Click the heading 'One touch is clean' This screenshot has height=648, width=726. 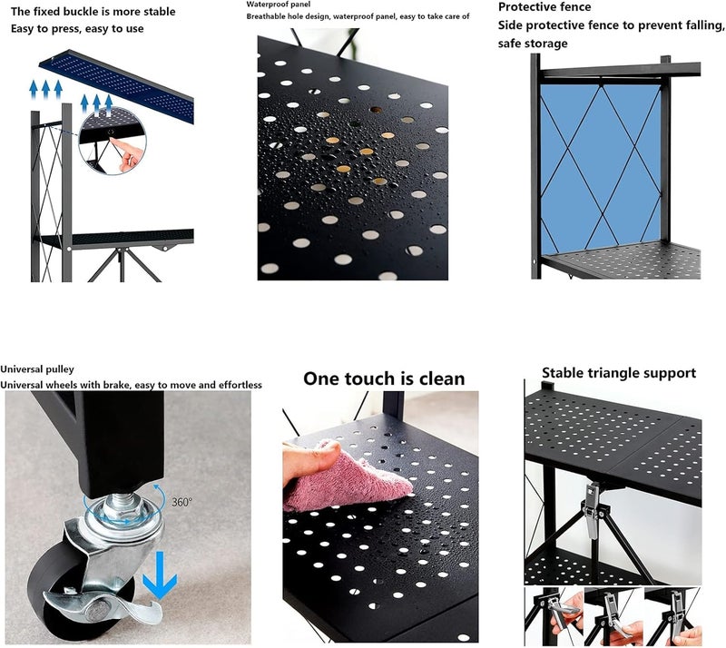coord(384,378)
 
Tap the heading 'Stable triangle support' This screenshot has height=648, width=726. coord(619,373)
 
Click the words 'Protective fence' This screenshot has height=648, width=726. coord(544,7)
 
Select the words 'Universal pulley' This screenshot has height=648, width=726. coord(37,369)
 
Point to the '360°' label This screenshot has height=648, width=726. coord(182,502)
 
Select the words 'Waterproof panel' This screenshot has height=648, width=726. coord(279,5)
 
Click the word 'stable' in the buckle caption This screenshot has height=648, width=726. coord(156,11)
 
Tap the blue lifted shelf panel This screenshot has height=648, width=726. coord(116,85)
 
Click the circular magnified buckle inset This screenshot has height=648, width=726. coord(113,141)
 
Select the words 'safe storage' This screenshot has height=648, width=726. coord(533,44)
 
